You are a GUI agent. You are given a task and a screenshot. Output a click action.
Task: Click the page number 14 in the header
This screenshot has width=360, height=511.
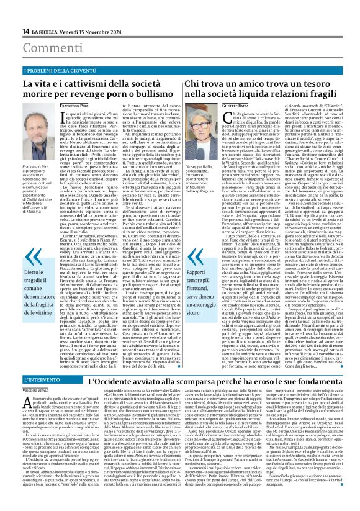(x=26, y=31)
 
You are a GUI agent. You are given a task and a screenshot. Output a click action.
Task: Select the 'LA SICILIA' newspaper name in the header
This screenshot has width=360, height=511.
(x=46, y=31)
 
